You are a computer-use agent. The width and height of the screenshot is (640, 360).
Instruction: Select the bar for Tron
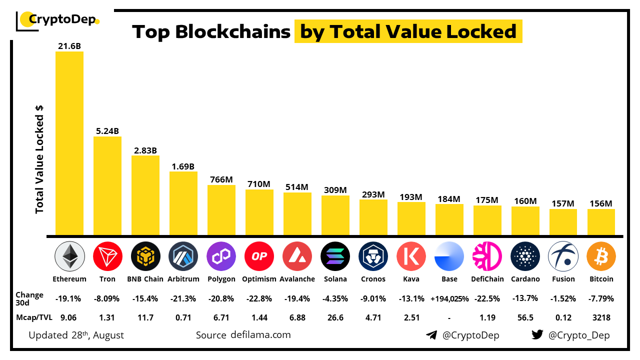pos(107,185)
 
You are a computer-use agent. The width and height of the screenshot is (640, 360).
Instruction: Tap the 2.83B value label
pos(145,150)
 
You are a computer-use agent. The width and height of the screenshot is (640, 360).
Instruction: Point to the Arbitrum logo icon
pos(183,256)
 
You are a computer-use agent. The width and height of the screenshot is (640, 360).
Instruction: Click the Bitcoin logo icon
pos(601,256)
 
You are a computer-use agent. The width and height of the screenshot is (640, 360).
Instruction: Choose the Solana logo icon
pos(335,256)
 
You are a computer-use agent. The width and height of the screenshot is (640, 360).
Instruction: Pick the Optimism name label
pos(259,279)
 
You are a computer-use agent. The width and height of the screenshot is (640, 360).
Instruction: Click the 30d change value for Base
pos(449,299)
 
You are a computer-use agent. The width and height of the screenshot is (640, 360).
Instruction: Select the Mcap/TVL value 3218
pos(601,317)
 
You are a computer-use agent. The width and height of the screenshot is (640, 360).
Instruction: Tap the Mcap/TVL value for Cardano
pos(525,317)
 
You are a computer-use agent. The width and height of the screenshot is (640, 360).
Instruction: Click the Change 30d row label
pos(29,298)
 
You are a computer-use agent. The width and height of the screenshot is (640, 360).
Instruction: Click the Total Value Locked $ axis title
pos(39,159)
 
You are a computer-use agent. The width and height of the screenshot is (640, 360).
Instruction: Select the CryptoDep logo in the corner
pos(58,20)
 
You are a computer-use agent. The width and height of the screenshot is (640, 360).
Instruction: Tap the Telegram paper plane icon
pos(431,335)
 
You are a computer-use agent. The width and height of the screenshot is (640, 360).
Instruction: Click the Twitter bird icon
pos(537,335)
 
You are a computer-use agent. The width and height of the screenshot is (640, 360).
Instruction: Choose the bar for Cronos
pos(373,217)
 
